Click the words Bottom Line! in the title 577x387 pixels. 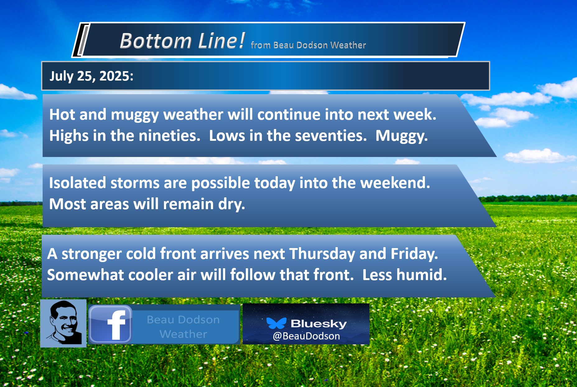(183, 41)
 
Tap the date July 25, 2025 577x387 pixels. (91, 76)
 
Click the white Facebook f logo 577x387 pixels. (117, 325)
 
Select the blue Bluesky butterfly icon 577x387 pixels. (276, 323)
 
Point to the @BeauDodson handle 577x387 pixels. (306, 336)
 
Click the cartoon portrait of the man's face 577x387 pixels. (63, 323)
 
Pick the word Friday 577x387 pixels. (414, 254)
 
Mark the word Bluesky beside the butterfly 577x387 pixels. (319, 324)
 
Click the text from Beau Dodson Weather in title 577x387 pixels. (308, 45)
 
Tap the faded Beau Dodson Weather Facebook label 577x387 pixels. (183, 327)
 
